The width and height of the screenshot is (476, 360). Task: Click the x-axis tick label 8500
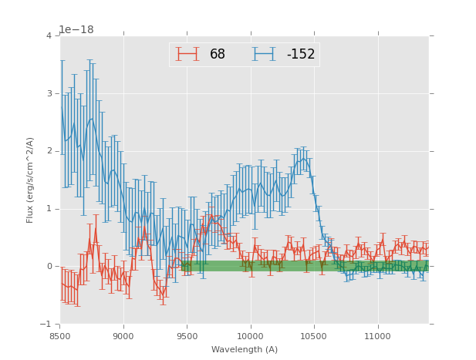click(59, 336)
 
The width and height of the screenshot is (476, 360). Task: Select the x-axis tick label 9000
click(123, 336)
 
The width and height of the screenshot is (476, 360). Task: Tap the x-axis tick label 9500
click(187, 336)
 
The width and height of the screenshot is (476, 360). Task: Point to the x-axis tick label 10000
click(250, 336)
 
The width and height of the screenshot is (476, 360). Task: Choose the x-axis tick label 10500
click(314, 336)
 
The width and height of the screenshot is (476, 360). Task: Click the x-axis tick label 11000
click(377, 336)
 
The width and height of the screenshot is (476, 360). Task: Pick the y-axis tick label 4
click(49, 35)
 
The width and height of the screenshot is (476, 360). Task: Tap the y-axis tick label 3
click(49, 93)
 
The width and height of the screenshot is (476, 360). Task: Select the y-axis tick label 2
click(49, 151)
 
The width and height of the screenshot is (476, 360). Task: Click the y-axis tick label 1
click(49, 209)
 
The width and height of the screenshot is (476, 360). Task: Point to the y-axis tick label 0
click(49, 267)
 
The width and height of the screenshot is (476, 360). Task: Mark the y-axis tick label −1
click(46, 325)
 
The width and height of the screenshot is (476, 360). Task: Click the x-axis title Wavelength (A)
click(245, 350)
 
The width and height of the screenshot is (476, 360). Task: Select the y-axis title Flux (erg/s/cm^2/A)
click(30, 180)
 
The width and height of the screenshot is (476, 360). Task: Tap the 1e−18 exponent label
click(76, 30)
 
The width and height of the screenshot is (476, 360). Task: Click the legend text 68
click(218, 55)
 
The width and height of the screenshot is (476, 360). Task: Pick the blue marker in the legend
click(265, 54)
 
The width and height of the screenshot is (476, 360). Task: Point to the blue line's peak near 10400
click(302, 159)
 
